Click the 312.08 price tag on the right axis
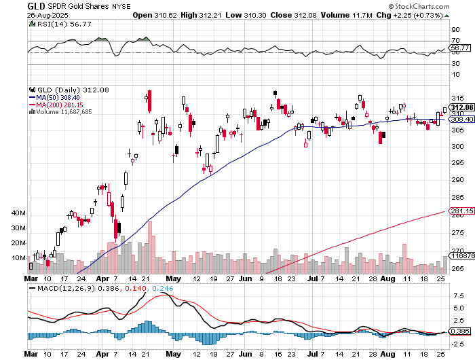[x=461, y=107]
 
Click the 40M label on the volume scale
[x=18, y=213]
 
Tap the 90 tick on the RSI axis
[x=455, y=31]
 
